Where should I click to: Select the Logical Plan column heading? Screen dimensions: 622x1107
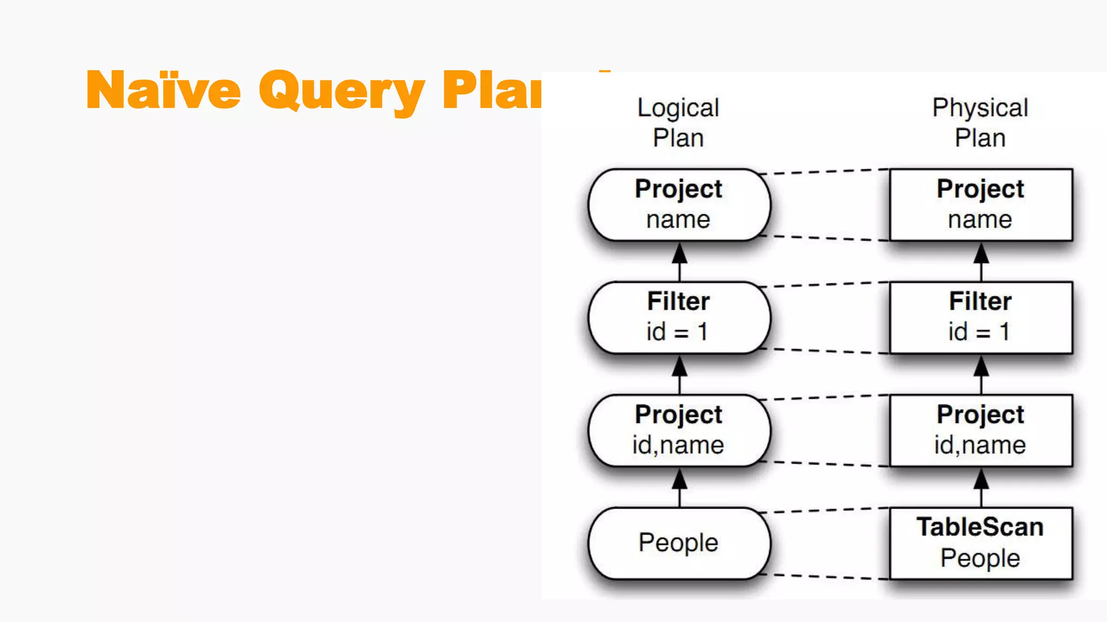tap(678, 123)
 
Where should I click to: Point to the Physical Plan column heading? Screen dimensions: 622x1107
tap(980, 123)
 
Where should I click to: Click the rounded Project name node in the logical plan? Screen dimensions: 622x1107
tap(679, 205)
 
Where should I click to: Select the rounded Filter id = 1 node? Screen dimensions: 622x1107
tap(679, 317)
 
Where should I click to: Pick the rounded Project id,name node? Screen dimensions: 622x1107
tap(679, 430)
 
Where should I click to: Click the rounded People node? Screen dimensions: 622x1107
tap(679, 543)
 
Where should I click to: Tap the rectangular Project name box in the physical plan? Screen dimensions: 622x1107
tap(981, 205)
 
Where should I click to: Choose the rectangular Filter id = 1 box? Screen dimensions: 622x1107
tap(981, 317)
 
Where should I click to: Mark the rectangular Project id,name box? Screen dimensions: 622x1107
tap(981, 430)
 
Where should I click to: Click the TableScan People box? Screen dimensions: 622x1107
tap(981, 543)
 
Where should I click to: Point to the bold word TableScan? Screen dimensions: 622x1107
tap(980, 527)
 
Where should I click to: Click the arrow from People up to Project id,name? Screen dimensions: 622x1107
tap(679, 487)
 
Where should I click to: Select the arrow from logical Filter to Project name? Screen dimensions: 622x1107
tap(679, 261)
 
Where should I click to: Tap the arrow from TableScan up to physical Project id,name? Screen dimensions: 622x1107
tap(981, 487)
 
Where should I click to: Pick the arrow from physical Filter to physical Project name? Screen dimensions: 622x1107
tap(981, 261)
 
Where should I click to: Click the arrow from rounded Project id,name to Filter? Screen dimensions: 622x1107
tap(679, 374)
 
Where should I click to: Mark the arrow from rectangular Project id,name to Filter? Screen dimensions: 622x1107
tap(981, 374)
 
